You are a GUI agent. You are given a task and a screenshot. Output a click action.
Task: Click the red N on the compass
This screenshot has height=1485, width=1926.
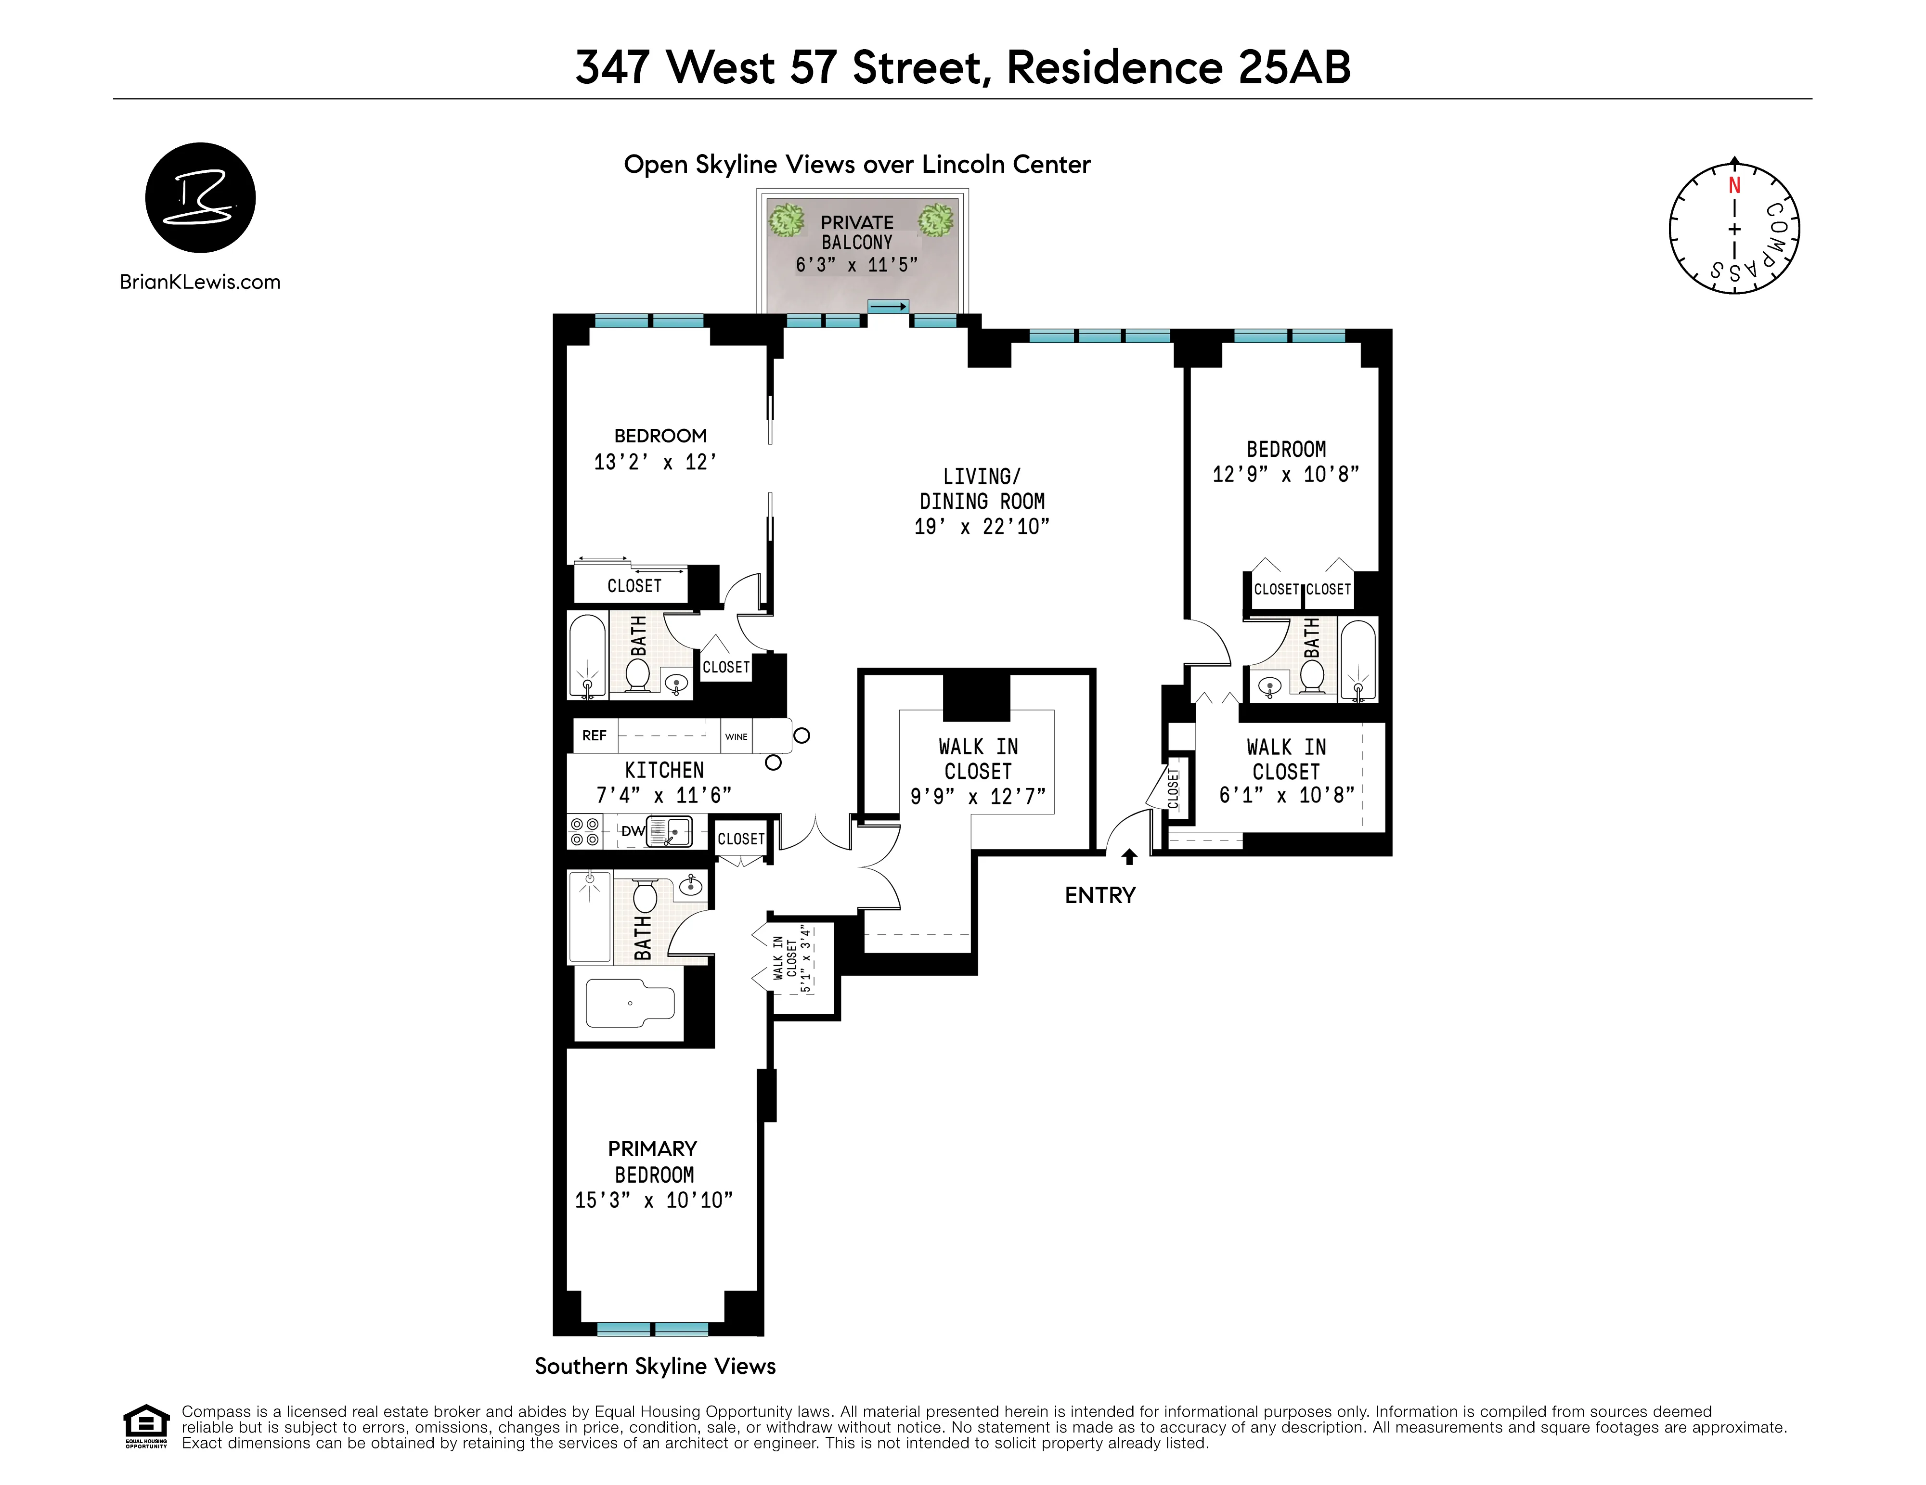pyautogui.click(x=1734, y=186)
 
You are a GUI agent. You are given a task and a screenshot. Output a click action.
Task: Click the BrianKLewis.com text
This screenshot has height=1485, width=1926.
pyautogui.click(x=200, y=282)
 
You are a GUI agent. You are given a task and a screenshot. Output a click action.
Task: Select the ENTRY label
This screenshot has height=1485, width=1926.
pyautogui.click(x=1099, y=896)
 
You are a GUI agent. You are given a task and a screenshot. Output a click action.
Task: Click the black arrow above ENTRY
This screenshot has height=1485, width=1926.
pyautogui.click(x=1129, y=856)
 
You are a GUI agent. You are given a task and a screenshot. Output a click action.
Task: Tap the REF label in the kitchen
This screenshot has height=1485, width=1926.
pyautogui.click(x=595, y=736)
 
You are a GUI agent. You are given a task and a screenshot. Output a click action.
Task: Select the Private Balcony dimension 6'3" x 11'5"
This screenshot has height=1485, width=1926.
pyautogui.click(x=856, y=265)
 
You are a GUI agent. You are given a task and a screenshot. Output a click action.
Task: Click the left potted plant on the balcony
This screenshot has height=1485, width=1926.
pyautogui.click(x=786, y=220)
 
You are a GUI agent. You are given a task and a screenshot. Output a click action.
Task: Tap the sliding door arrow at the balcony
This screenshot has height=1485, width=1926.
pyautogui.click(x=888, y=307)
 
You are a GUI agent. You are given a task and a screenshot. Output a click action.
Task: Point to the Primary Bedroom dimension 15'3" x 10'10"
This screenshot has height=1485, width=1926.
pyautogui.click(x=653, y=1200)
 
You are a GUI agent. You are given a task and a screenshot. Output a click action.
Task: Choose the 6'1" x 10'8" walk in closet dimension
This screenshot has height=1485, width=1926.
pyautogui.click(x=1286, y=795)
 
